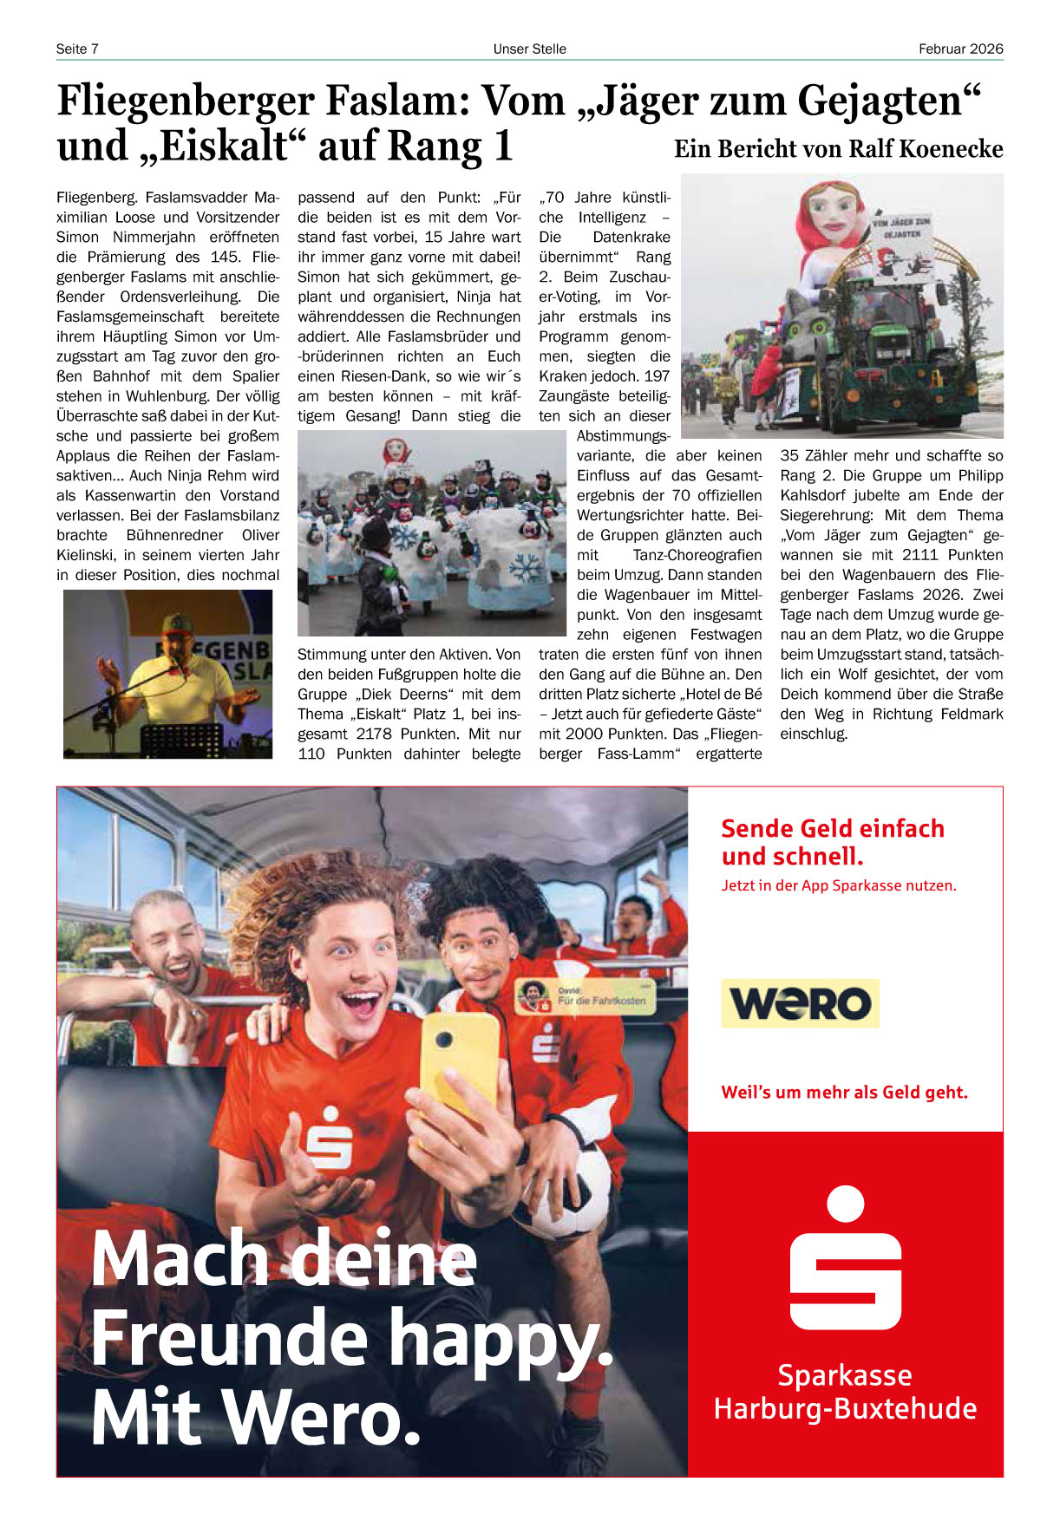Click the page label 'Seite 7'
[77, 49]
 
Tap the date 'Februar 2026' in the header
[960, 49]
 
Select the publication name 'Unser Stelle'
[529, 49]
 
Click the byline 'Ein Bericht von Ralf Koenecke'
[838, 149]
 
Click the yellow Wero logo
[800, 1003]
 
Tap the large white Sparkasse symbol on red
[845, 1258]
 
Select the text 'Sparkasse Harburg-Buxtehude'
[845, 1392]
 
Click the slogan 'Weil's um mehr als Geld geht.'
[844, 1093]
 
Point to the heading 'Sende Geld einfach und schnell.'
[833, 842]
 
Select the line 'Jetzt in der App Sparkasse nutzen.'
[839, 885]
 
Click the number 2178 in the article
[374, 734]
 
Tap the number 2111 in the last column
[919, 555]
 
